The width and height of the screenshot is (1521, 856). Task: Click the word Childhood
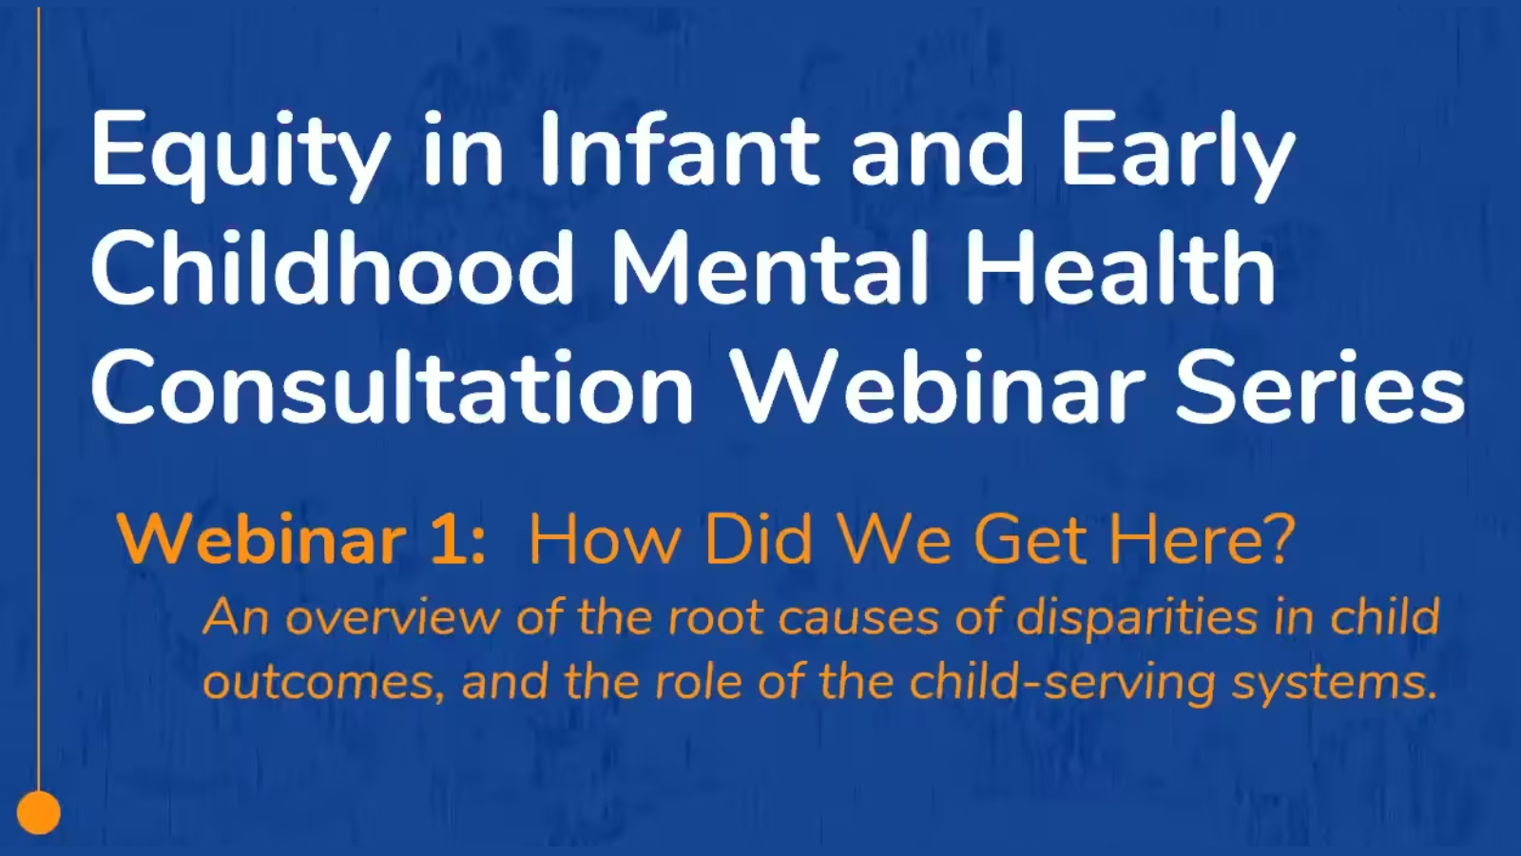[x=332, y=267]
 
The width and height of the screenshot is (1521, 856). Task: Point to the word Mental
[x=771, y=267]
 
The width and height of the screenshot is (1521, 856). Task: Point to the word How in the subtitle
[x=606, y=540]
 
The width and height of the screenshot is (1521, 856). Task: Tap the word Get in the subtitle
[x=1031, y=540]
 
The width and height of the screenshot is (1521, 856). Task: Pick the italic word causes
[x=859, y=619]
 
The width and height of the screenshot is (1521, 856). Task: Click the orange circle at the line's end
[x=39, y=812]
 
